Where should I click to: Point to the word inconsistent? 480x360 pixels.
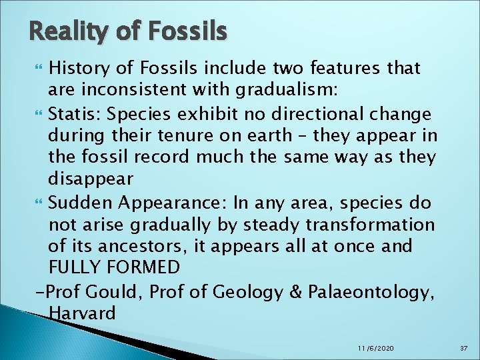(140, 90)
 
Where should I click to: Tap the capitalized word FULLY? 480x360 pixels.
(75, 269)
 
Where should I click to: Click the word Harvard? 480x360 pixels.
(83, 313)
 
